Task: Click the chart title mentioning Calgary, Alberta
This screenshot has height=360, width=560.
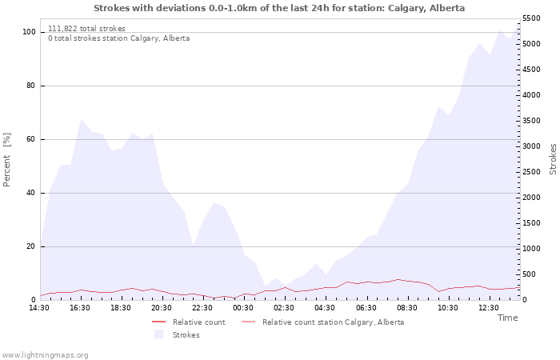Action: tap(279, 8)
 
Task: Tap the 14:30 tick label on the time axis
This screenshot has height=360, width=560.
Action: tap(39, 308)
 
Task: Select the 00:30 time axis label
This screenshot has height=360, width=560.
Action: tap(243, 308)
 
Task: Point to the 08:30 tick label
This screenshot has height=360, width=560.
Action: tap(406, 308)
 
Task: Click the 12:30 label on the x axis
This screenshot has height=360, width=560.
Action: tap(489, 308)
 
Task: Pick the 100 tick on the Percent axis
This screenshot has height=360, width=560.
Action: tap(29, 32)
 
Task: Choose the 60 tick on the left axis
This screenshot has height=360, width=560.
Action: tap(30, 139)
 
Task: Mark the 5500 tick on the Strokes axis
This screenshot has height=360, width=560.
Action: tap(531, 18)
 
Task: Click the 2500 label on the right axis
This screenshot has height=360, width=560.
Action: tap(531, 172)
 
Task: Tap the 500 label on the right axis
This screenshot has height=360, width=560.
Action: tap(530, 274)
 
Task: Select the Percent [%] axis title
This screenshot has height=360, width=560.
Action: tap(7, 160)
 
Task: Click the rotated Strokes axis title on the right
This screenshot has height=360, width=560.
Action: tap(553, 159)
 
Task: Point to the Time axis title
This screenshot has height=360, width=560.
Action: tap(508, 318)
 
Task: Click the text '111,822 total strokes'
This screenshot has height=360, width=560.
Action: tap(86, 29)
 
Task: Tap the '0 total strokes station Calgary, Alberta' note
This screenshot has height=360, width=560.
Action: tap(119, 38)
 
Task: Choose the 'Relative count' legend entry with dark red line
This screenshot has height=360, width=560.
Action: tap(189, 322)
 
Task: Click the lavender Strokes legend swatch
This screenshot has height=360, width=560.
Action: tap(159, 334)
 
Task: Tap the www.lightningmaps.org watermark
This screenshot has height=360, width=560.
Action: tap(45, 355)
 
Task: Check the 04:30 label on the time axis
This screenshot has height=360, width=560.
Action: tap(325, 308)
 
